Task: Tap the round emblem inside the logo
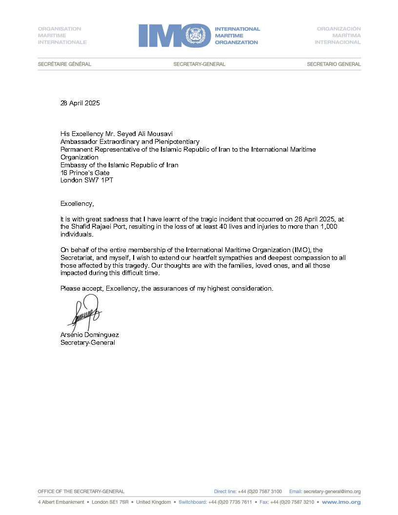coord(198,36)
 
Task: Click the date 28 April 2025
coord(80,103)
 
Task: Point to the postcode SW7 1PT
coord(101,180)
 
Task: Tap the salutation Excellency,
coord(77,203)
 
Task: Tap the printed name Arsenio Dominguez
coord(90,335)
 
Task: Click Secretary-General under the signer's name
coord(88,343)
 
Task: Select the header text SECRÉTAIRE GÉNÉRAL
coord(64,64)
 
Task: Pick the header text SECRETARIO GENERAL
coord(334,64)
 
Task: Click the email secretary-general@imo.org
coord(332,492)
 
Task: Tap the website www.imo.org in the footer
coord(341,502)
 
